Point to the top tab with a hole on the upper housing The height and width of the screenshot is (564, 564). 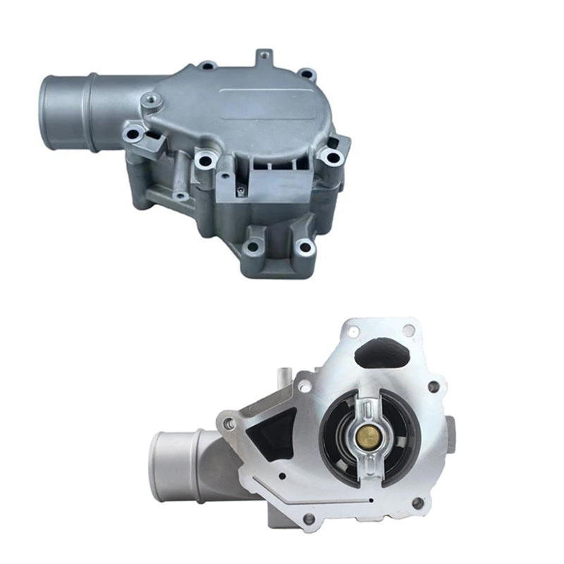click(x=264, y=55)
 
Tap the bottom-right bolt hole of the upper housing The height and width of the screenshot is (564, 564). click(x=304, y=247)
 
